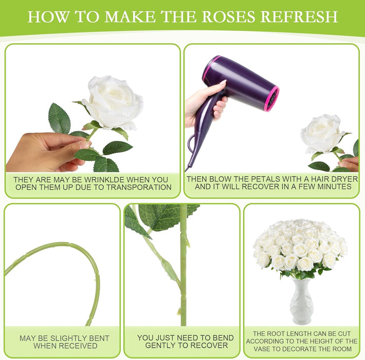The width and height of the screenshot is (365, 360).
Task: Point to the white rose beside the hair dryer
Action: [x=322, y=133]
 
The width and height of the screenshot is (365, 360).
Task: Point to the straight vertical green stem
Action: [x=184, y=267]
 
